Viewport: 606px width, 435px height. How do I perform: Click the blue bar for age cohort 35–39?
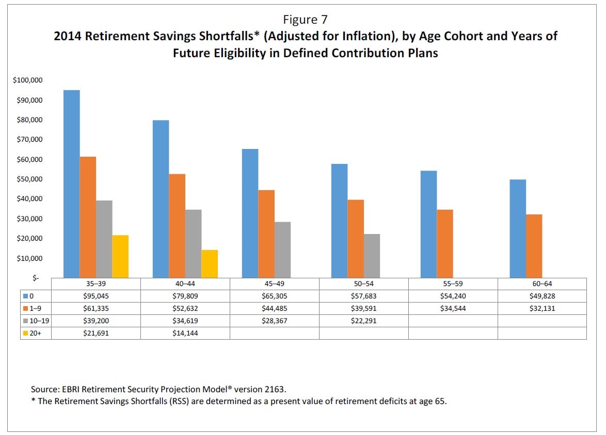[x=71, y=184]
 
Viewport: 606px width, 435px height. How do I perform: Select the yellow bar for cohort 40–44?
[x=210, y=264]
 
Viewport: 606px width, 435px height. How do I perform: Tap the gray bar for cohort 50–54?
[x=372, y=256]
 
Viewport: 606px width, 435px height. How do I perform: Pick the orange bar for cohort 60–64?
[x=534, y=246]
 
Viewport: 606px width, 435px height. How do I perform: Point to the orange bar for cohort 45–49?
[x=266, y=234]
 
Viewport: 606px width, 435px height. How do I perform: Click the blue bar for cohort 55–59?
[x=428, y=224]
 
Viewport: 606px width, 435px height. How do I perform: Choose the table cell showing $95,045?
[x=96, y=296]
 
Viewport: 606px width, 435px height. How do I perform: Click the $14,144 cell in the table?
[x=185, y=333]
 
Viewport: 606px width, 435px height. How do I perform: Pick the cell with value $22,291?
[x=363, y=321]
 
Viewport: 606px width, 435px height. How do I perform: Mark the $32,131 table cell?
[x=541, y=308]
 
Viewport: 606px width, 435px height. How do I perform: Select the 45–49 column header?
[x=274, y=284]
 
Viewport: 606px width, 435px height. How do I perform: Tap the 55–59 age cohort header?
[x=453, y=284]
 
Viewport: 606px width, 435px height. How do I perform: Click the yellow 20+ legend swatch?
[x=25, y=333]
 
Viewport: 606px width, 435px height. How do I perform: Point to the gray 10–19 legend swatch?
[x=25, y=321]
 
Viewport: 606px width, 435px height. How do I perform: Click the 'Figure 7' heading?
[x=305, y=20]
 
